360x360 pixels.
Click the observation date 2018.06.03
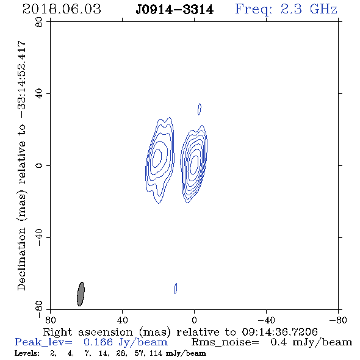[62, 9]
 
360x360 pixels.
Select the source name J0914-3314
[175, 10]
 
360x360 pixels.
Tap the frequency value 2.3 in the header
[291, 9]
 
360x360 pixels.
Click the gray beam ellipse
[81, 294]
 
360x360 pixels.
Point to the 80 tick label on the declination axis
[39, 22]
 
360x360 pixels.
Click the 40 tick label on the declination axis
[39, 94]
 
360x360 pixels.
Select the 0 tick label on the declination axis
[39, 165]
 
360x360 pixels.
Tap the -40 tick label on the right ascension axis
[266, 320]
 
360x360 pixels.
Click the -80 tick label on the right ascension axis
[338, 320]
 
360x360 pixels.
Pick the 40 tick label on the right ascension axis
[122, 320]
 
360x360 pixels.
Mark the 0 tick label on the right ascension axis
[194, 320]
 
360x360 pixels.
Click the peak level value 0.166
[98, 342]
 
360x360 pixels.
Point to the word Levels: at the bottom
[27, 353]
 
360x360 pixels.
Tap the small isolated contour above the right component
[200, 109]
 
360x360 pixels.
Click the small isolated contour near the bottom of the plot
[175, 289]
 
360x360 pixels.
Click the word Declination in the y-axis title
[21, 259]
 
